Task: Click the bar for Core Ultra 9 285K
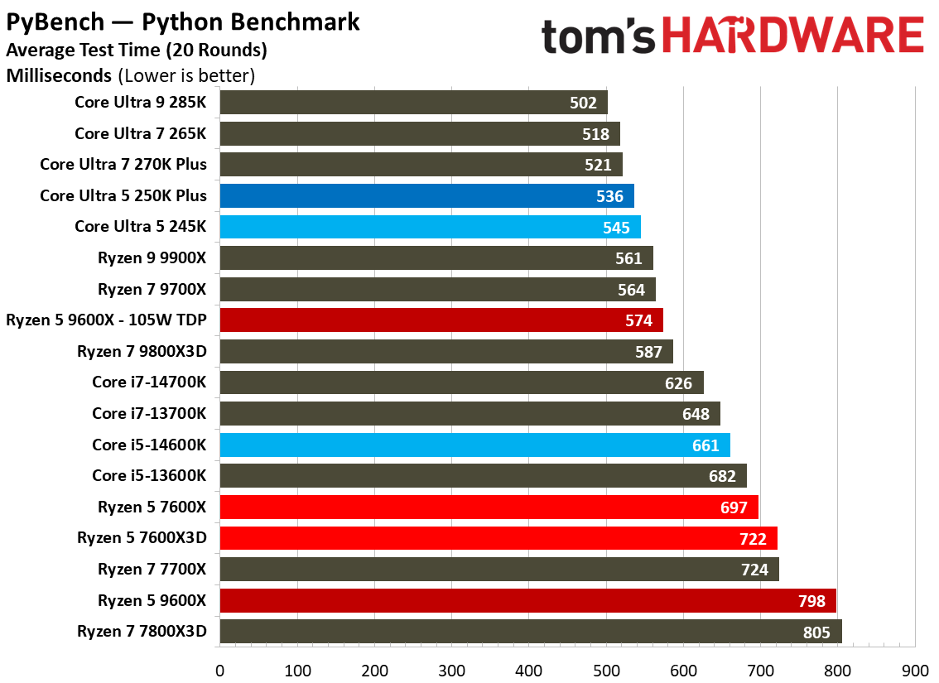[413, 103]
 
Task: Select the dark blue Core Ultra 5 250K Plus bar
[426, 196]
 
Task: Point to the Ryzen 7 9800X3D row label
[142, 351]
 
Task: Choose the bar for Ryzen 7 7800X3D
[530, 631]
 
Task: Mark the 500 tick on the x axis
[606, 668]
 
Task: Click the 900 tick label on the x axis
[914, 668]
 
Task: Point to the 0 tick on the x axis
[220, 668]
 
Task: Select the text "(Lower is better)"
[186, 76]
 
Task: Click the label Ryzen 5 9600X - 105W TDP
[106, 320]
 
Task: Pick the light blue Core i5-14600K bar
[474, 445]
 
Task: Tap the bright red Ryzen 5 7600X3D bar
[498, 538]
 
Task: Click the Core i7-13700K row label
[149, 413]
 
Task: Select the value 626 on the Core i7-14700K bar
[677, 382]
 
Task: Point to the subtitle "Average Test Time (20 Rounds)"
[137, 50]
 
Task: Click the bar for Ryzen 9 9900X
[436, 258]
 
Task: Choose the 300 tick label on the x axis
[451, 668]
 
